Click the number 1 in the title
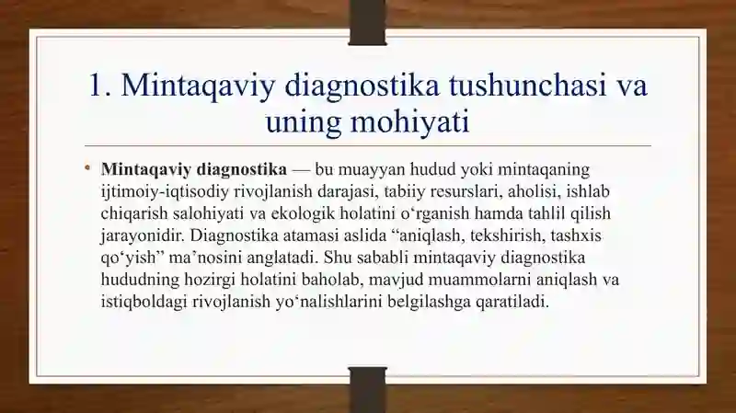97,86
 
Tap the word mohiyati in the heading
410,123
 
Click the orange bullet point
87,167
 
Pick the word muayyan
372,170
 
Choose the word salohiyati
209,213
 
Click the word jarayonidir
141,235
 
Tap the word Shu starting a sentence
335,258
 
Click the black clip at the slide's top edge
367,22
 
